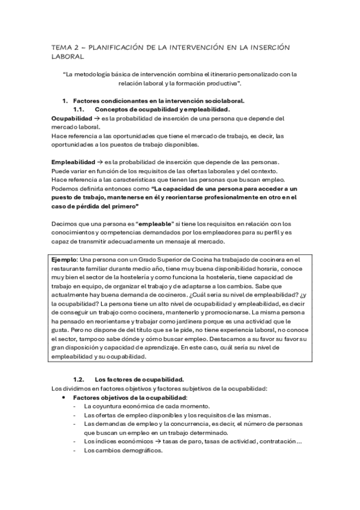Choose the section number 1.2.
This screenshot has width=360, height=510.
pyautogui.click(x=78, y=379)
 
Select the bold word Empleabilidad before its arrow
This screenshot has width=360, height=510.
pyautogui.click(x=69, y=162)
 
